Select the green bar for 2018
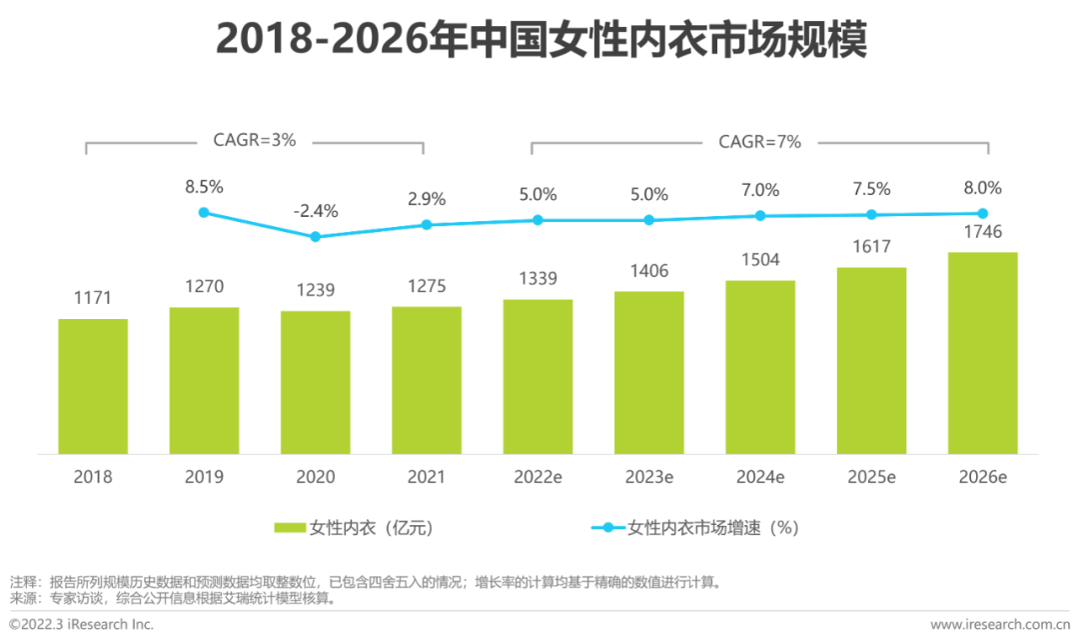point(93,385)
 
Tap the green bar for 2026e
point(983,352)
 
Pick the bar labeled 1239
point(316,381)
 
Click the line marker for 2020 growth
point(316,237)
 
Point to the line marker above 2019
point(204,212)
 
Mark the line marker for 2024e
point(760,215)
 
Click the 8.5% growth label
point(204,186)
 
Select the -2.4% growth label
point(316,211)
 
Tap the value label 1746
point(983,233)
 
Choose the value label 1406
point(649,271)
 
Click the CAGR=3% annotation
point(255,141)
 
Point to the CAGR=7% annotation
point(759,142)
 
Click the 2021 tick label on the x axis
point(427,477)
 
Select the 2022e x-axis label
point(538,477)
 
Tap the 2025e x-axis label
point(871,477)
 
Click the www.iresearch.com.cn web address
point(998,625)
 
